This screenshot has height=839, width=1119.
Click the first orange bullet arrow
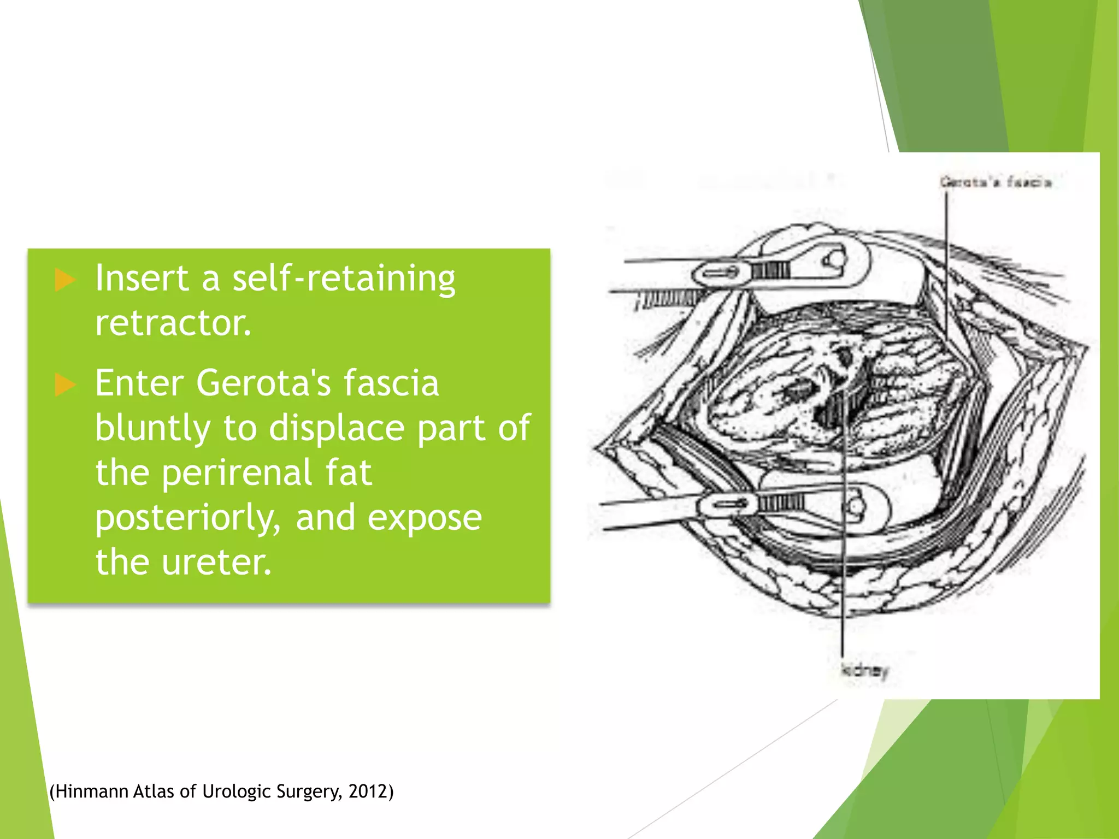65,280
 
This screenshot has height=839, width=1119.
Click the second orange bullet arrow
65,385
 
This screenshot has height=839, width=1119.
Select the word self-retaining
344,279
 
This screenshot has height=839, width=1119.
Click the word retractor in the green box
173,323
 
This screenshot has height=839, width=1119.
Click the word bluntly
152,428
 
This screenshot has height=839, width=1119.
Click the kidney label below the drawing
864,670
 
